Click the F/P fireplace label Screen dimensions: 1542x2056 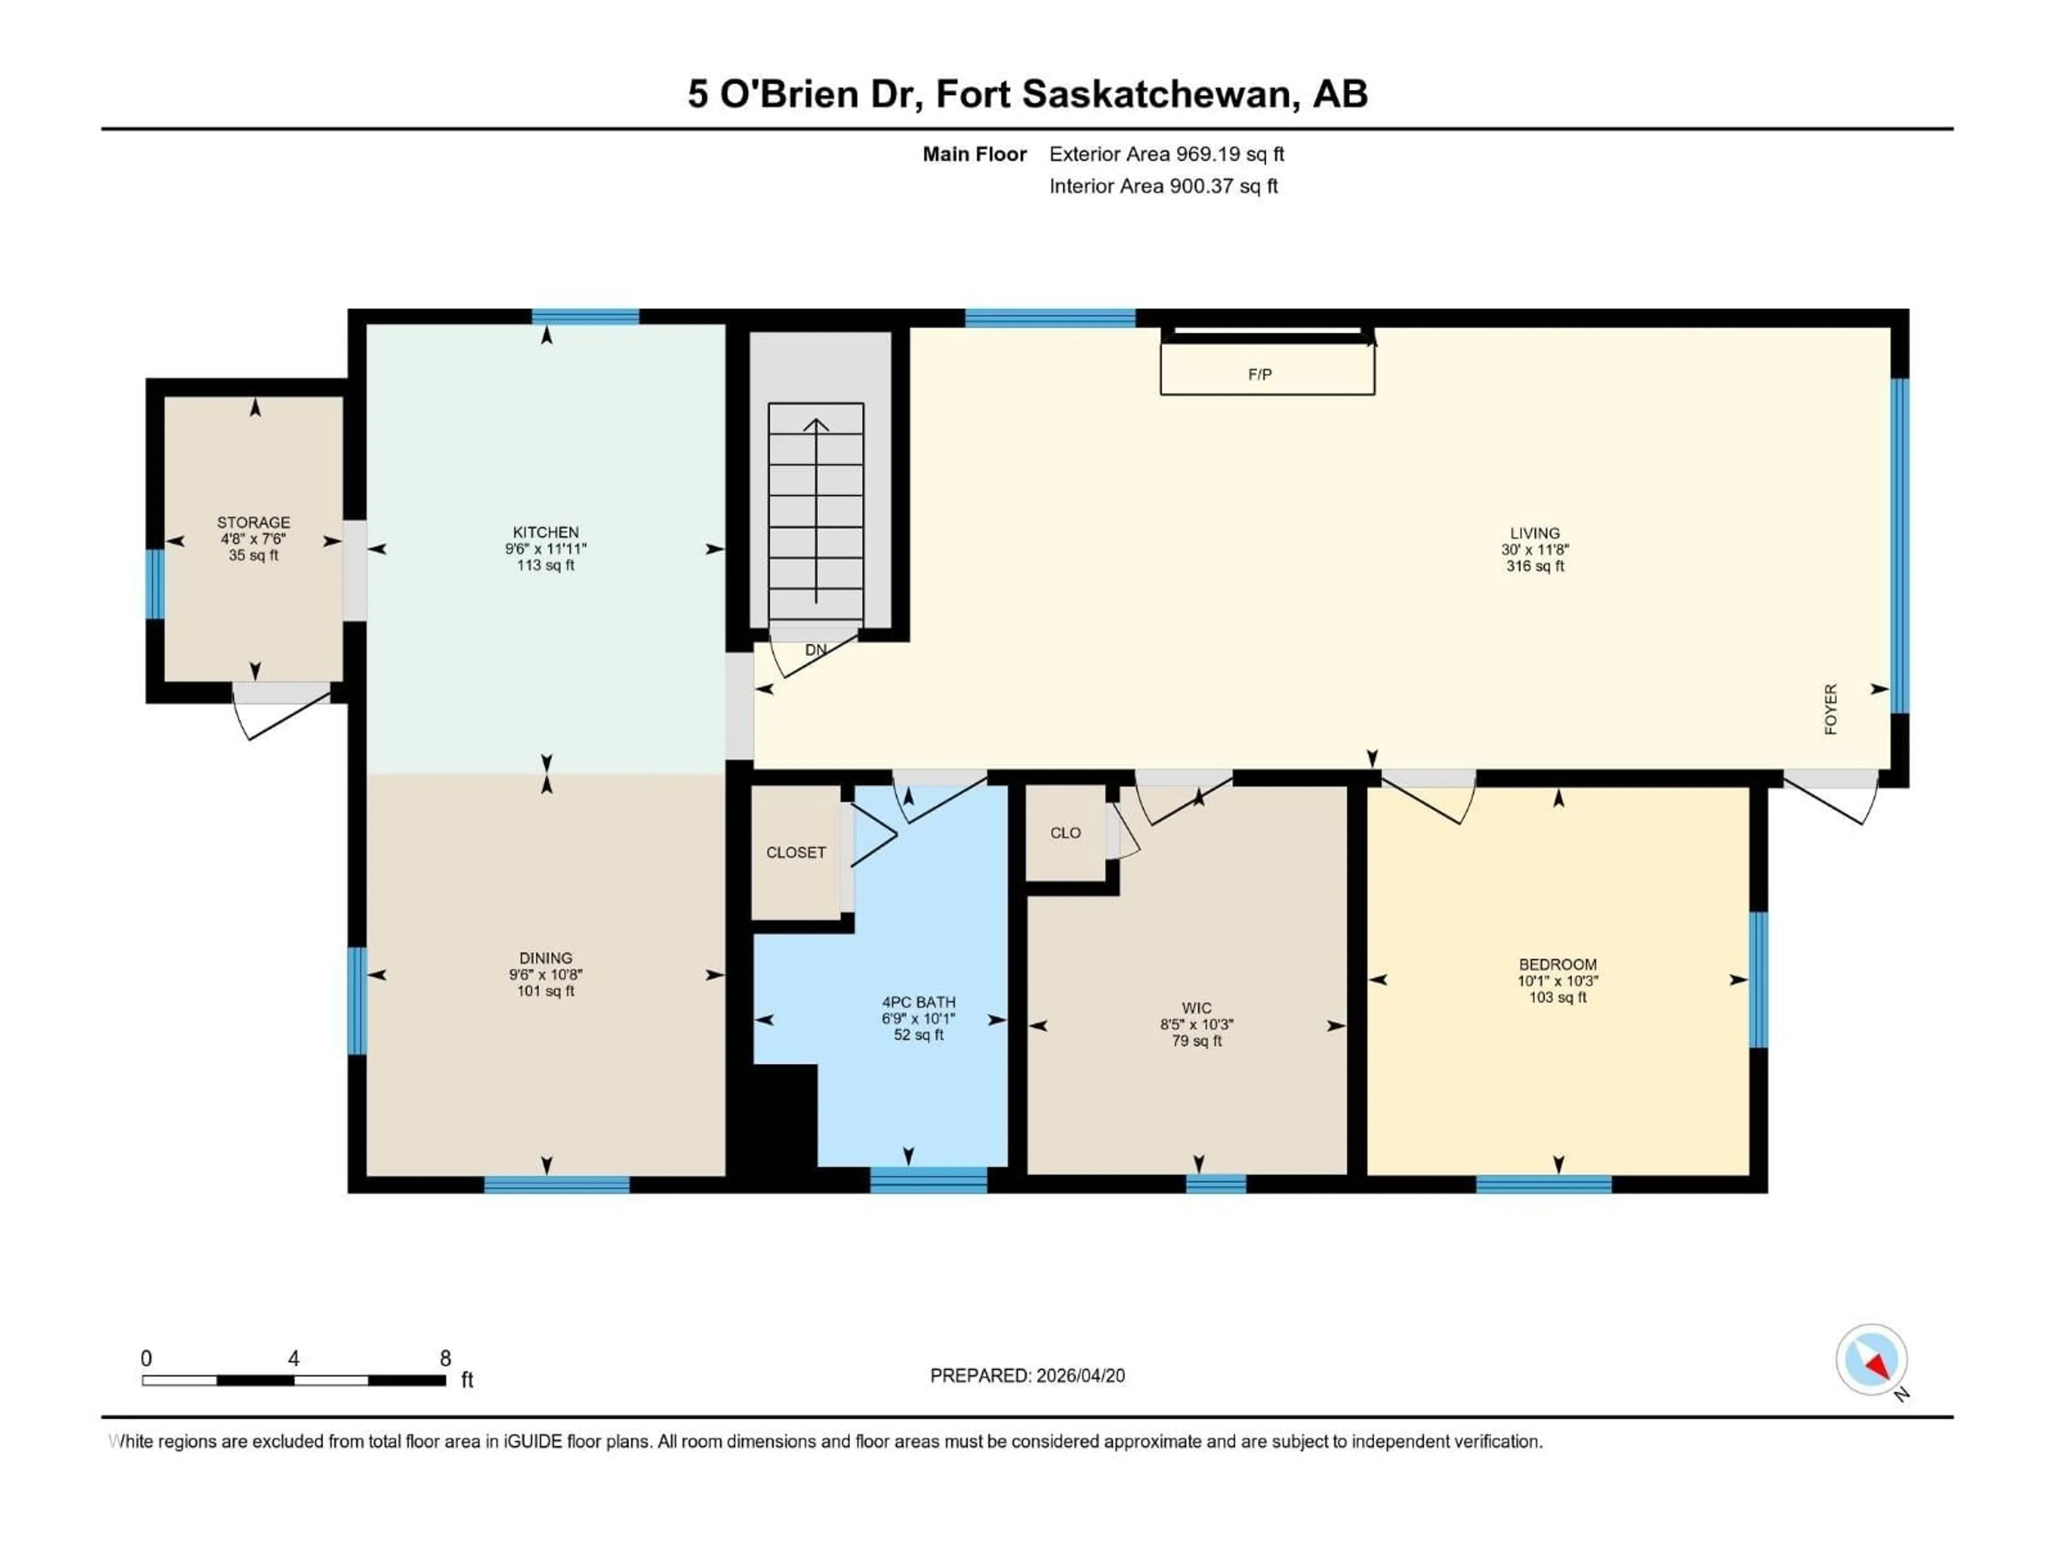[x=1259, y=375]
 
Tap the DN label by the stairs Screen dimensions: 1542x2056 [x=815, y=649]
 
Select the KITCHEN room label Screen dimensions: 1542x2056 [x=546, y=533]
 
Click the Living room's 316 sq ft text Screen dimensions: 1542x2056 [x=1535, y=566]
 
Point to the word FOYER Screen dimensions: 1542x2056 [x=1830, y=709]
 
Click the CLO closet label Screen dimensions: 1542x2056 [x=1065, y=833]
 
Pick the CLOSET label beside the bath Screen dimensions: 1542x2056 [x=796, y=852]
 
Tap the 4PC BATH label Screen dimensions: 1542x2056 [x=918, y=1002]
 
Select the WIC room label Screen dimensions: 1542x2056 [x=1196, y=1008]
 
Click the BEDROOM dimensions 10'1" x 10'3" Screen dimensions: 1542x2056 [x=1558, y=980]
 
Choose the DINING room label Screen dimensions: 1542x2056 [x=546, y=957]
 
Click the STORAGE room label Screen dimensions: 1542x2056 [x=254, y=523]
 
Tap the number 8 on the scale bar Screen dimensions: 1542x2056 [x=445, y=1358]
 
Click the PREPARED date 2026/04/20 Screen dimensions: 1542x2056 [x=1079, y=1375]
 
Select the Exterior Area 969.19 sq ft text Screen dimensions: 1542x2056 [x=1167, y=154]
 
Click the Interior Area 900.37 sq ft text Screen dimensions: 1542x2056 [x=1163, y=186]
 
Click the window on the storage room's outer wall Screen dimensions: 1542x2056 [x=154, y=584]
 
